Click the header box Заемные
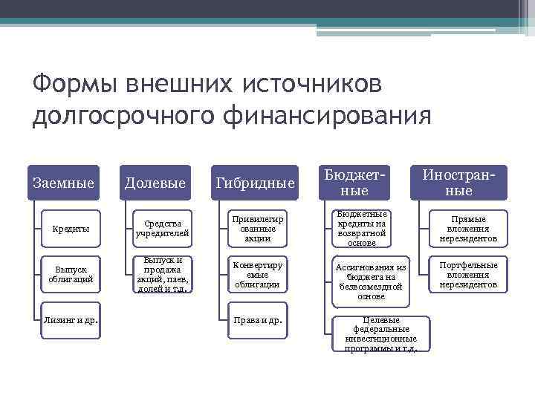coord(64,183)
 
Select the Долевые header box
coord(155,183)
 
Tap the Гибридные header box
coord(255,183)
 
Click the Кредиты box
coord(71,229)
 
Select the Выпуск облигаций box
coord(71,275)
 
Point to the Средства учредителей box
coord(162,229)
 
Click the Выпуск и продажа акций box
coord(162,275)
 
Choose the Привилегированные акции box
coord(257,229)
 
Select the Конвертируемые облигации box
coord(257,275)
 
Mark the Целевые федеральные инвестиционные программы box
coord(381,333)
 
